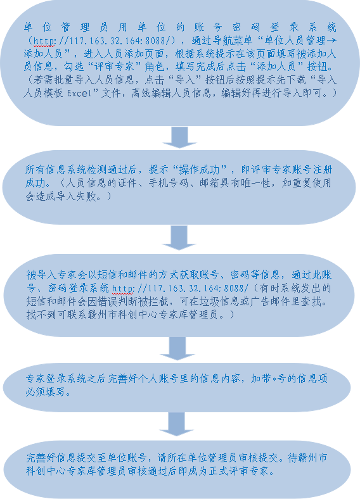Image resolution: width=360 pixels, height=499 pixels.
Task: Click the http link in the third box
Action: [x=181, y=288]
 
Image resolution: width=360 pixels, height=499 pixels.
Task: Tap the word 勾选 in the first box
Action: [x=74, y=67]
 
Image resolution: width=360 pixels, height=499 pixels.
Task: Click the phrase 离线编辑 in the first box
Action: [x=151, y=93]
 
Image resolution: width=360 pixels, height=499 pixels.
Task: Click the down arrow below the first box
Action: [x=179, y=137]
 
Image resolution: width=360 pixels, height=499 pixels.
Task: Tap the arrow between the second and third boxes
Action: [x=179, y=237]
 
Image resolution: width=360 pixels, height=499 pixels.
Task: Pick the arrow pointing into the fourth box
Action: [x=177, y=348]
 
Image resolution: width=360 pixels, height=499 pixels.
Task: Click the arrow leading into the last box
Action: [x=176, y=424]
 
